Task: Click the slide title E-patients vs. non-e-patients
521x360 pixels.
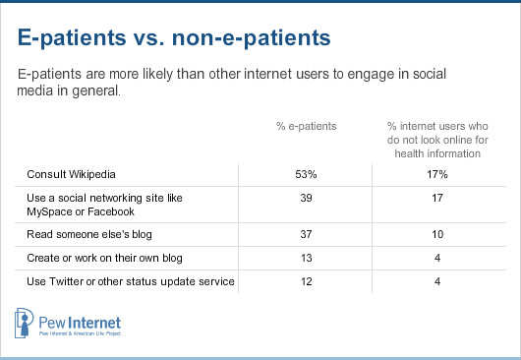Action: tap(175, 38)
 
